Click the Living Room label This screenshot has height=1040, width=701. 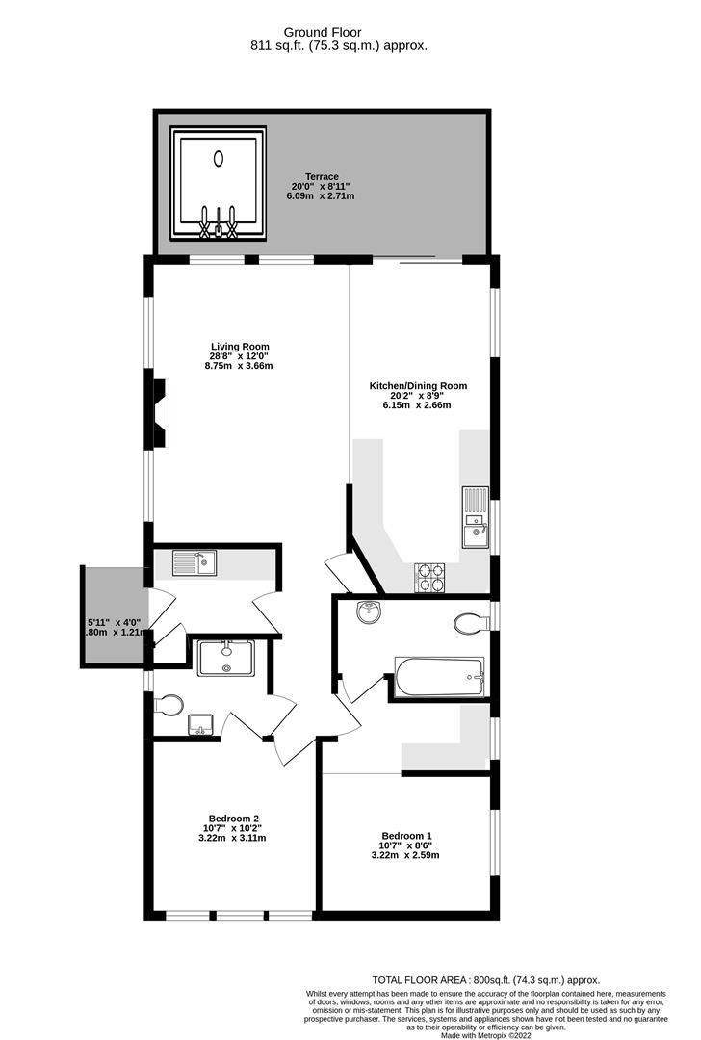[240, 347]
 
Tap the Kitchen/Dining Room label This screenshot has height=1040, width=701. [418, 386]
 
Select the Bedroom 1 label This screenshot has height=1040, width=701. [406, 835]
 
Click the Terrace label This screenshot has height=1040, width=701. [322, 177]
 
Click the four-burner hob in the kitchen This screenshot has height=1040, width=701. [429, 577]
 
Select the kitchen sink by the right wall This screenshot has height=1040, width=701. [476, 517]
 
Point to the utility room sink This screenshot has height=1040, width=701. [195, 560]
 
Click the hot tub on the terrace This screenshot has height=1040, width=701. [218, 183]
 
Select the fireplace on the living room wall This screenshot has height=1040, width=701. [159, 413]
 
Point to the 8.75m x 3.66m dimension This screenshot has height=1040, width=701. [240, 366]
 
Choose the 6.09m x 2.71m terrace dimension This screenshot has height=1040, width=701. [321, 196]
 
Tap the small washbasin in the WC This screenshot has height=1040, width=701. [200, 724]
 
